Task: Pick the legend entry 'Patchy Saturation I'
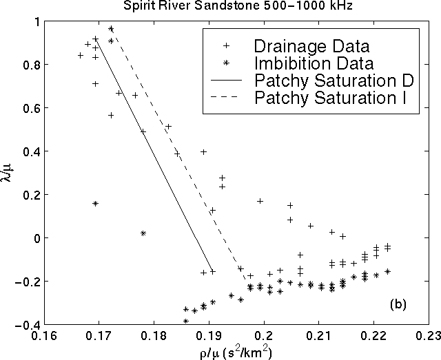pos(329,98)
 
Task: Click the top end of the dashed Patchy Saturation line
pos(111,28)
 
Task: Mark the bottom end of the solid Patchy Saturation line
pos(212,272)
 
